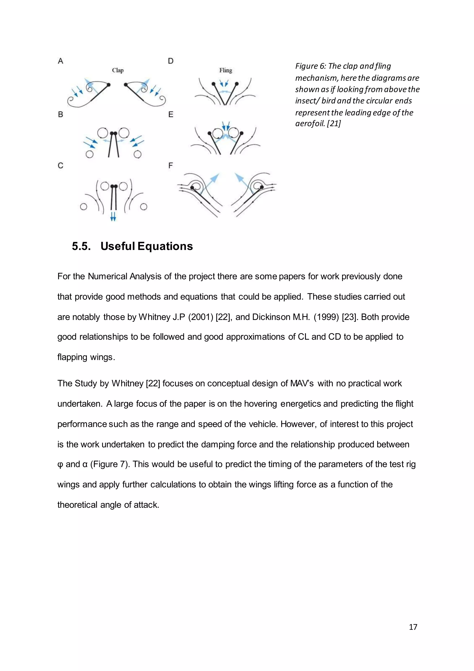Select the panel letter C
60,166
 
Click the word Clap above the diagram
118,70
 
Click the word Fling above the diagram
226,70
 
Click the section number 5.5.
81,246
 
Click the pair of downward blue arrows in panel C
113,216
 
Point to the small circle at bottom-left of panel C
84,207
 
